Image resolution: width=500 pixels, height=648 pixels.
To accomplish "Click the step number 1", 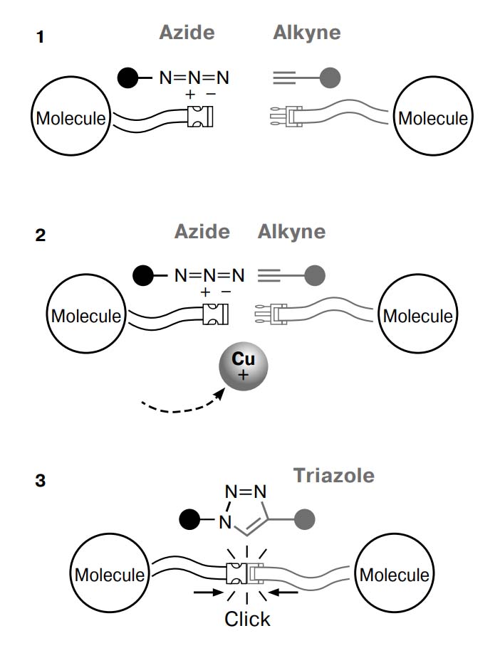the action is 40,37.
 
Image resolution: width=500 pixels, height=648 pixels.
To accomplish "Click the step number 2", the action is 41,235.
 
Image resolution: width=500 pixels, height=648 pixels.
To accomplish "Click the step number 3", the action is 41,480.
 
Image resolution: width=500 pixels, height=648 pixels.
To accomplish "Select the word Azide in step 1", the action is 187,32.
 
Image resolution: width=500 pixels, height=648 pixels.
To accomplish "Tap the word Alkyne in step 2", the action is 292,232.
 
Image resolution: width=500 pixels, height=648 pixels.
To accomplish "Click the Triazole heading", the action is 334,475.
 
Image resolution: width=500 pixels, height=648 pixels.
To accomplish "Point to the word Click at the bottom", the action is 247,619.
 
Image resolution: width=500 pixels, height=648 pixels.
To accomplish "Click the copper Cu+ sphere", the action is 244,366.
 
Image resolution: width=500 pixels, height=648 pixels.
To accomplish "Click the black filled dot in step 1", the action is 128,78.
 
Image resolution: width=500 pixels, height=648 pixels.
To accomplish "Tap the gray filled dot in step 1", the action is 330,78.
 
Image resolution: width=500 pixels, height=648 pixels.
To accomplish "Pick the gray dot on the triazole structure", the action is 305,519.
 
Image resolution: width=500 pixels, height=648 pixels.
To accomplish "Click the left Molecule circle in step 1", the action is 71,116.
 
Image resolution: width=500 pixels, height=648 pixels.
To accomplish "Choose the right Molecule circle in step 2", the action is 418,313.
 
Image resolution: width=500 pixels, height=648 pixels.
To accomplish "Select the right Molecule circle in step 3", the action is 395,573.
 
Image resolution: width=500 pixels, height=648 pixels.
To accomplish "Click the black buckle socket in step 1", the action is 200,117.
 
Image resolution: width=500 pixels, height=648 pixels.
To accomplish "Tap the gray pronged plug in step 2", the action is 270,314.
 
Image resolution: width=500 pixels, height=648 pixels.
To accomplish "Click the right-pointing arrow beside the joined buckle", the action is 209,593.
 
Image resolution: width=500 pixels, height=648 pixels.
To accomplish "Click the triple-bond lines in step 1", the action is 284,78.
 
